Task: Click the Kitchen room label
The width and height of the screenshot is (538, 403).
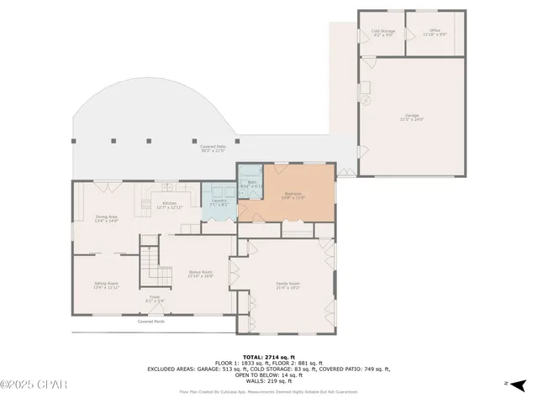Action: (169, 205)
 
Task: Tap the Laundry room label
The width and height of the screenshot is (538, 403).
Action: (218, 202)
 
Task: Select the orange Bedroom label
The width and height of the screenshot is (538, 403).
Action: (293, 196)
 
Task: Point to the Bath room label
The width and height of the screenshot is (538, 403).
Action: (251, 184)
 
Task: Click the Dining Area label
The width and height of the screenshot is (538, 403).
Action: (106, 219)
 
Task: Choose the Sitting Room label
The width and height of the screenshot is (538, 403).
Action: (106, 285)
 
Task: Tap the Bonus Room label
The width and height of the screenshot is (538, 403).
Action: (200, 274)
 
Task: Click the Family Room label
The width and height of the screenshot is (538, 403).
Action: (288, 285)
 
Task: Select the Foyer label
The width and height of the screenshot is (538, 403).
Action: (155, 298)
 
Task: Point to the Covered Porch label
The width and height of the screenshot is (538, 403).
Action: (151, 322)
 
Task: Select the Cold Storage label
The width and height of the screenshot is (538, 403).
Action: (383, 33)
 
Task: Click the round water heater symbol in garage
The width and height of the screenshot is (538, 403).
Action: (367, 100)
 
